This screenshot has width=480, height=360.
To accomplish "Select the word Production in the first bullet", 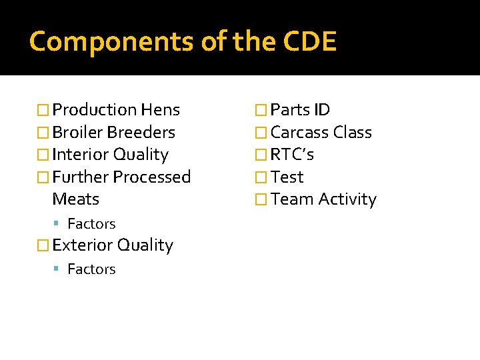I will [94, 110].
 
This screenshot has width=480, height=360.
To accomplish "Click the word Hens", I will [160, 110].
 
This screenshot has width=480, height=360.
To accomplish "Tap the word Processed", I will [151, 177].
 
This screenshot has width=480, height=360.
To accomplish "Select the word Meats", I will [75, 199].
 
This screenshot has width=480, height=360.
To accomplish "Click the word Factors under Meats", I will [91, 224].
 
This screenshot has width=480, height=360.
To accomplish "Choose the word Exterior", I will [82, 245].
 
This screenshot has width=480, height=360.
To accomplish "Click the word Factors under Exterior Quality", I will [91, 269].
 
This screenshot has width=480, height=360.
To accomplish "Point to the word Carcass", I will [299, 133].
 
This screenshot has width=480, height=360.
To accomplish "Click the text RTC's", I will [292, 155].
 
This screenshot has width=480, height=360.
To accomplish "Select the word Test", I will [287, 177].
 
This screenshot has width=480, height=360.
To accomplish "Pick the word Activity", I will [347, 199].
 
